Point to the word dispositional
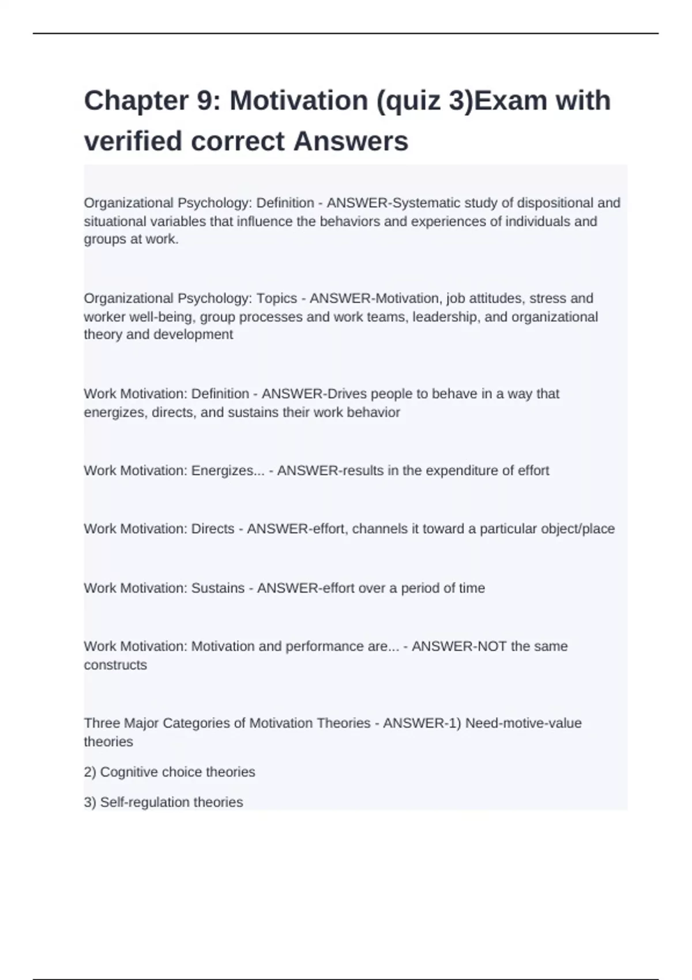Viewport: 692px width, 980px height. tap(555, 203)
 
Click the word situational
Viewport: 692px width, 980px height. tap(115, 221)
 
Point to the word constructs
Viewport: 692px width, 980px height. tap(115, 665)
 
